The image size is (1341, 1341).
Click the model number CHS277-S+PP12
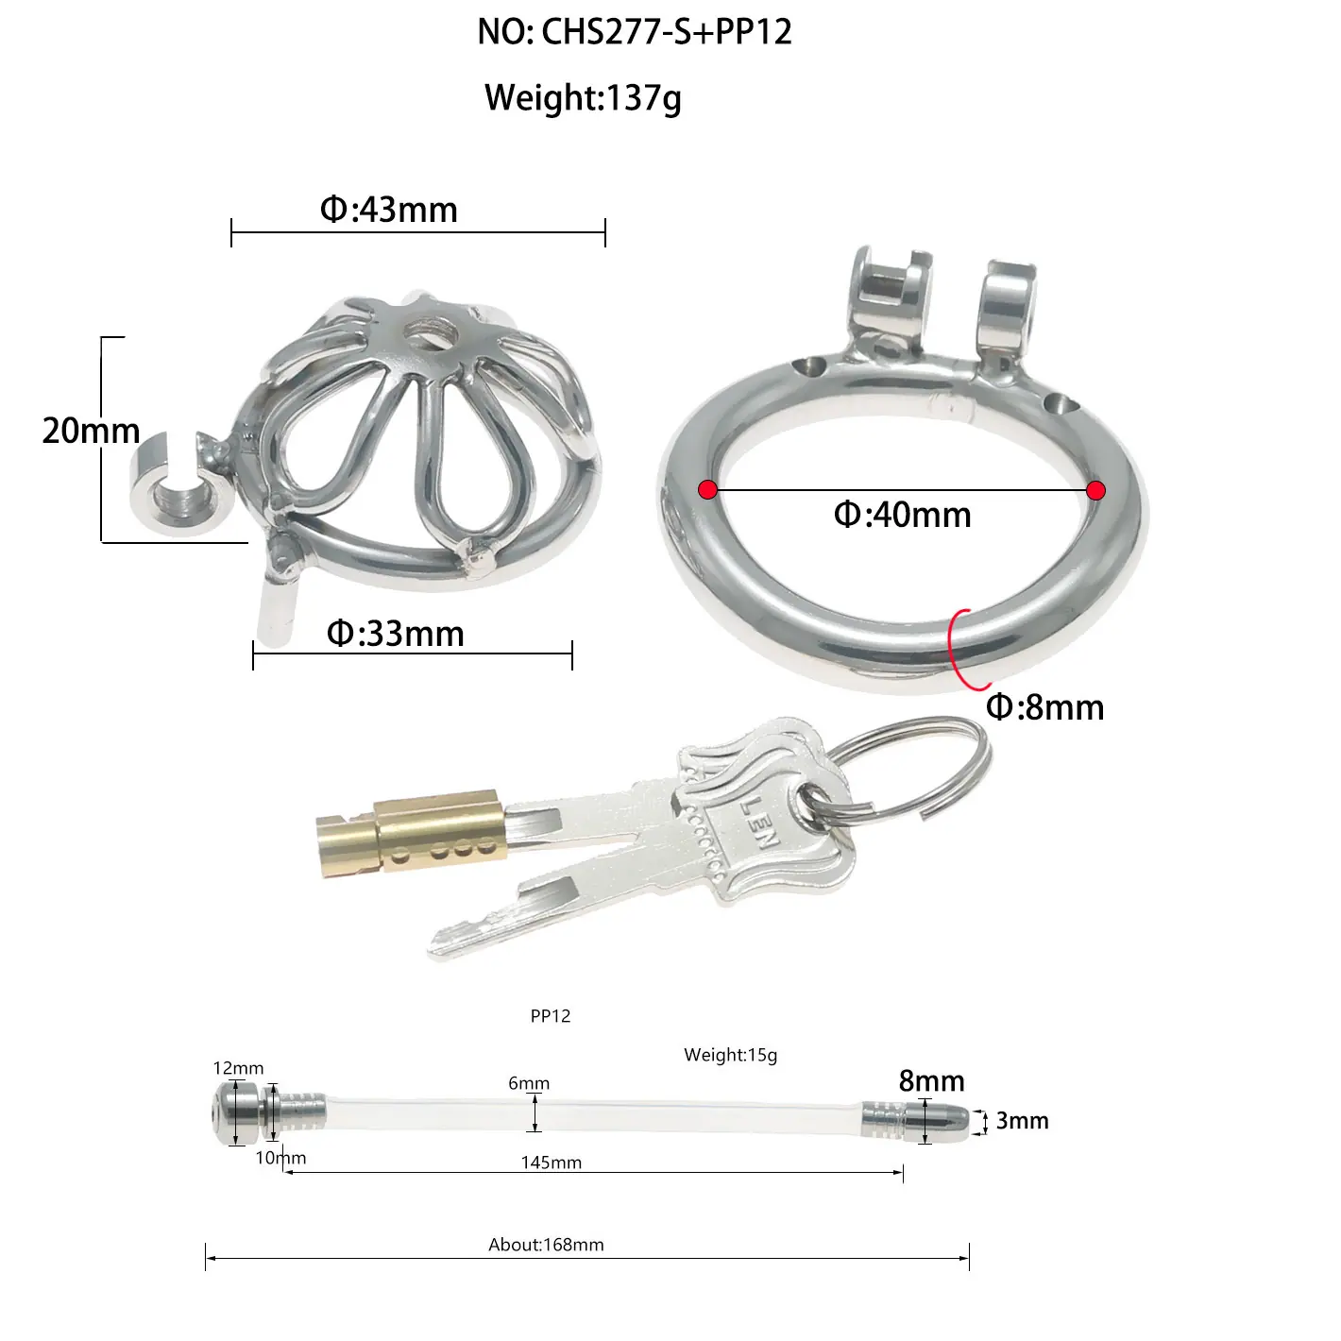coord(666,32)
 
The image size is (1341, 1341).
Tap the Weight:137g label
coord(583,98)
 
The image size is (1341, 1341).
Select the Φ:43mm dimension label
coord(388,210)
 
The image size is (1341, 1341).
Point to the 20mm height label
coord(91,430)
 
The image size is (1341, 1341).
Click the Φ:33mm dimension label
coord(396,634)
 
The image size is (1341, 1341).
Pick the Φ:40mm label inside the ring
coord(902,515)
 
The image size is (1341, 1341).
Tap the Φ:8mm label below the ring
coord(1044,707)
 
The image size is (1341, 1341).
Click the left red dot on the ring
coord(707,490)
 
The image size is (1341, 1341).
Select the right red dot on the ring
coord(1095,491)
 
